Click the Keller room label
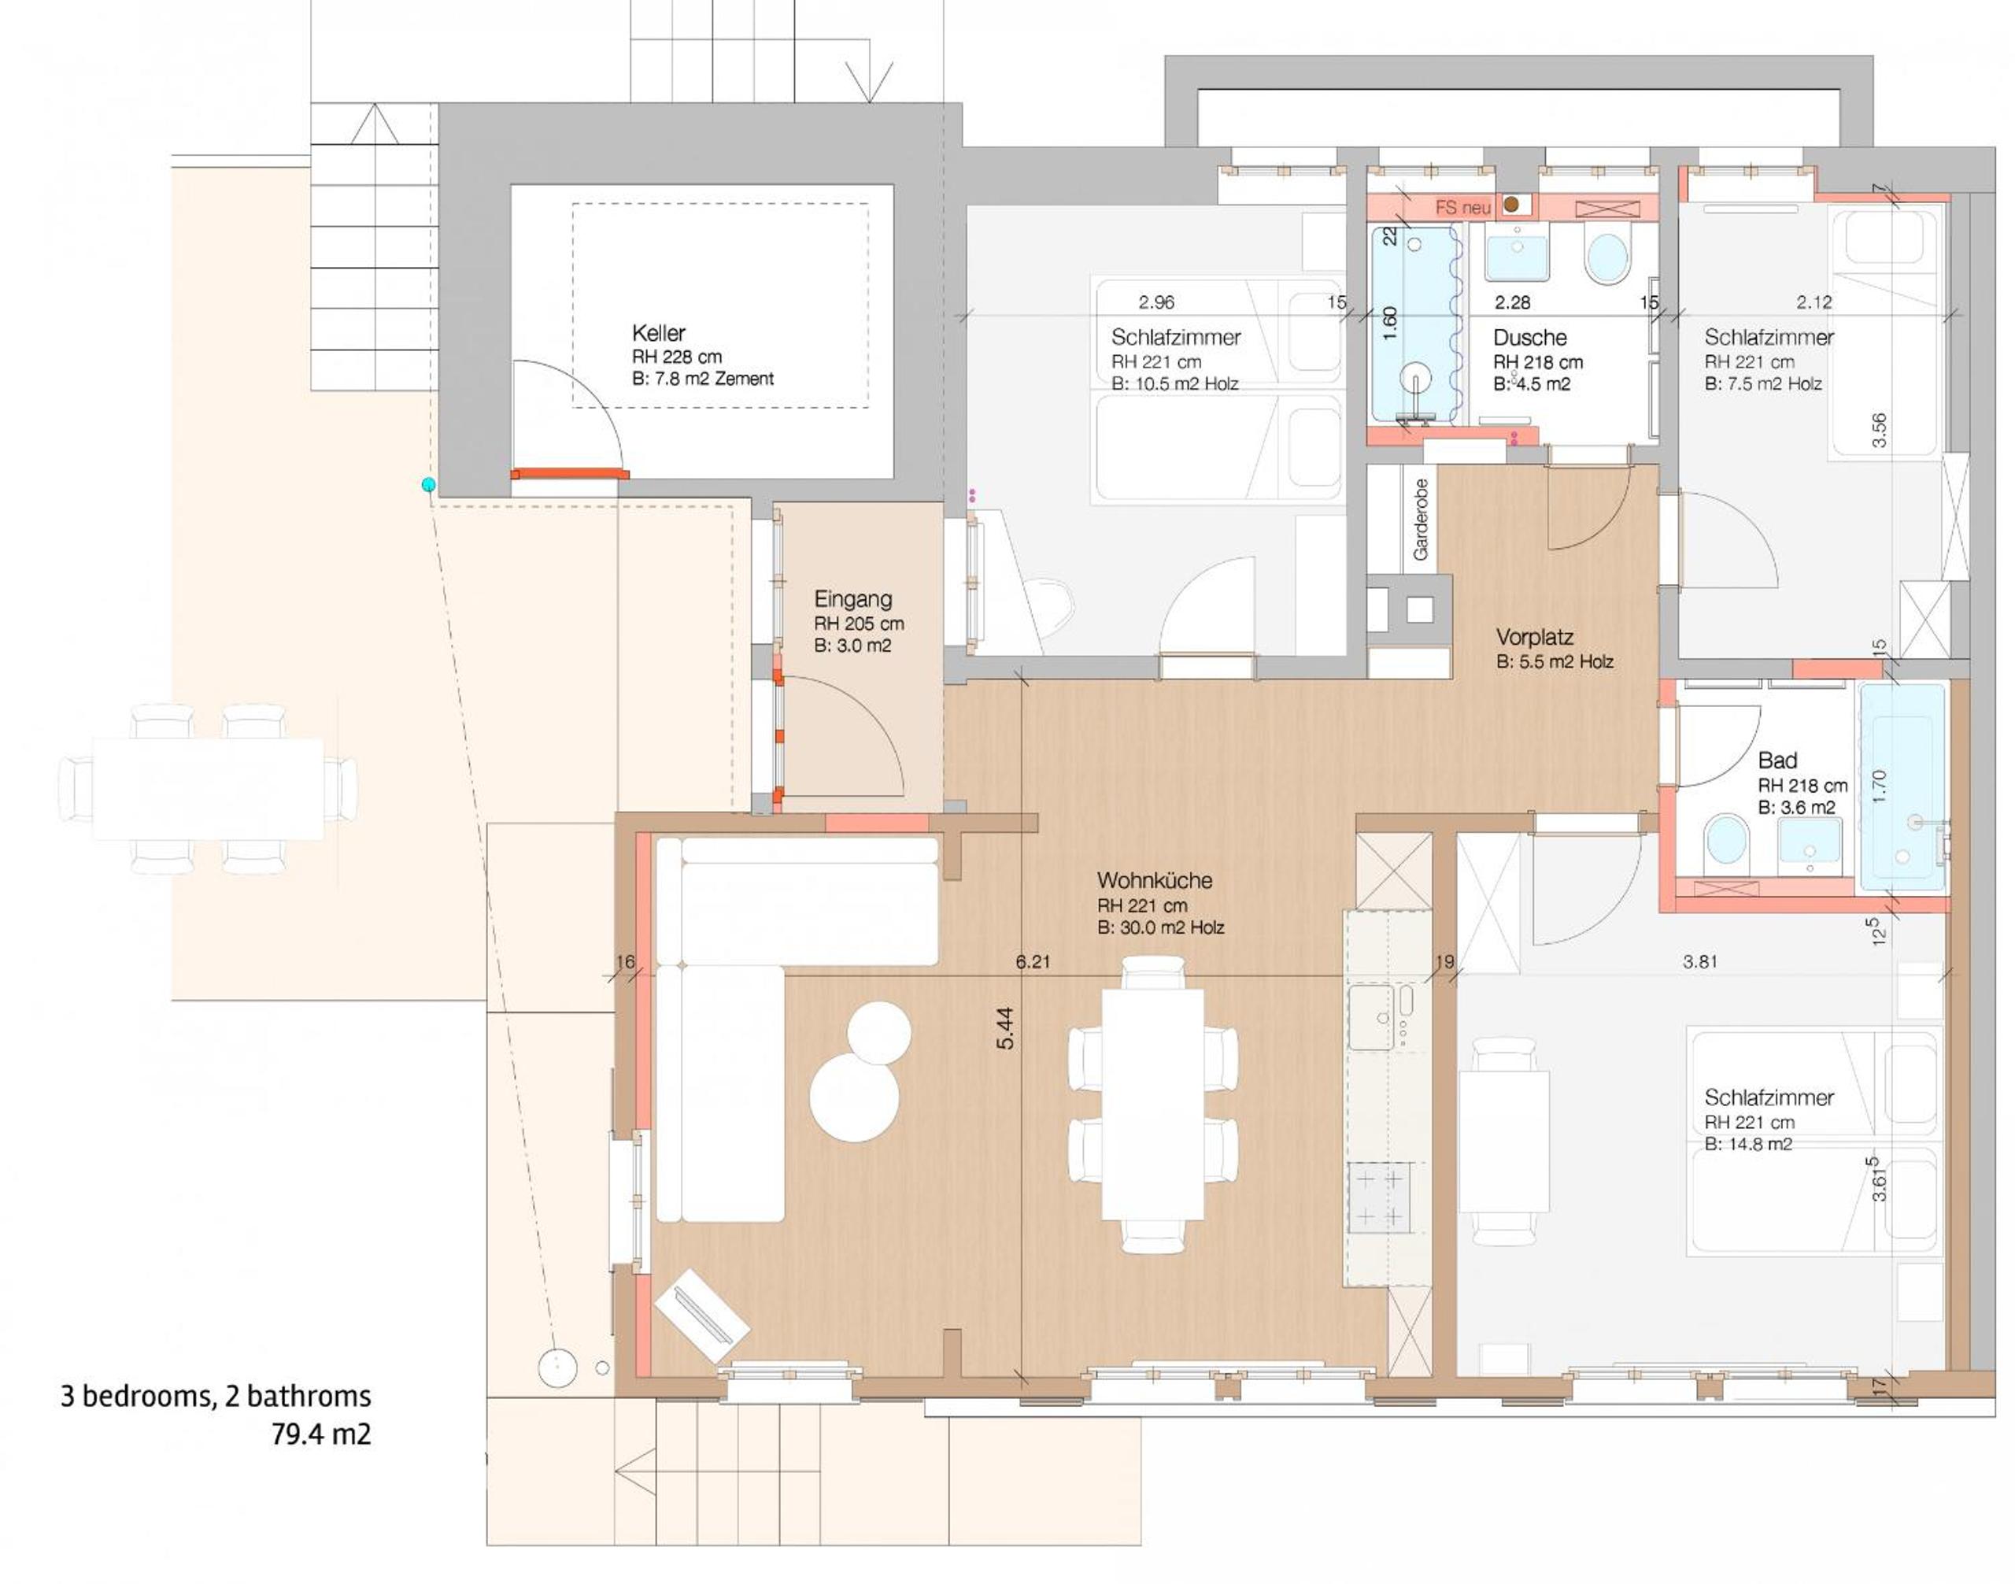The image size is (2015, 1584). click(658, 333)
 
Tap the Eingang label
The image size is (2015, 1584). click(853, 599)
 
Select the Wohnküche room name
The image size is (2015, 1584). click(1155, 880)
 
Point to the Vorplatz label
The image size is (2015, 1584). click(1535, 637)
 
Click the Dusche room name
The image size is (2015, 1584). click(1529, 338)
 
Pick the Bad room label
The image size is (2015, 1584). click(1777, 761)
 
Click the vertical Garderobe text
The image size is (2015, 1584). click(1420, 520)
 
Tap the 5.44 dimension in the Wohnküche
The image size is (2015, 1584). click(1005, 1028)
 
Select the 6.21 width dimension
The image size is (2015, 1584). click(1033, 962)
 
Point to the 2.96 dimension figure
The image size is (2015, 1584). click(1156, 302)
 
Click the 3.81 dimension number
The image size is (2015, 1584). click(1699, 963)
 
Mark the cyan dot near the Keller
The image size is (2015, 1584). click(428, 484)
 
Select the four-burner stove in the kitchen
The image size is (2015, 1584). click(1380, 1197)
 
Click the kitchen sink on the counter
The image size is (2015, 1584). click(1371, 1017)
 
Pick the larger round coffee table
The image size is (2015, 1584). click(854, 1097)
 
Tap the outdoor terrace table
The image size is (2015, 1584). click(208, 788)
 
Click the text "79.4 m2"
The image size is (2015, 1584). click(321, 1434)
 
